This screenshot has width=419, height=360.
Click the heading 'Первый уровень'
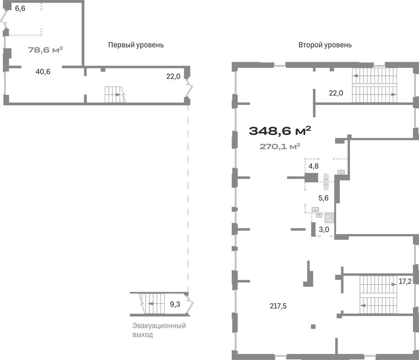[136, 45]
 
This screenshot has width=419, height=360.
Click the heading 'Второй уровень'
[325, 45]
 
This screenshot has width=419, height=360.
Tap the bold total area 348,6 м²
[280, 131]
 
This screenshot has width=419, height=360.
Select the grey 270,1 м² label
[280, 147]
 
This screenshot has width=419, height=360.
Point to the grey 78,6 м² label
[46, 50]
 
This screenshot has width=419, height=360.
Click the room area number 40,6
[43, 72]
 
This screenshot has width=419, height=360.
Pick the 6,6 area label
[20, 8]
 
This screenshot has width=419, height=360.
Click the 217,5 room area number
[278, 306]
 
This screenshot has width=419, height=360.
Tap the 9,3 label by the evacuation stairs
[175, 304]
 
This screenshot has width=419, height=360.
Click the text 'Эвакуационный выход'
[159, 330]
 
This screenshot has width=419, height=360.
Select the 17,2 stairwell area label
[405, 281]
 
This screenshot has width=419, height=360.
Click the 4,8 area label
[313, 166]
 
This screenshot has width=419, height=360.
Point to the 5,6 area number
[324, 198]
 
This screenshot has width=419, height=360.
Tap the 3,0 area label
[324, 229]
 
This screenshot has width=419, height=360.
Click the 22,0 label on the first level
[173, 76]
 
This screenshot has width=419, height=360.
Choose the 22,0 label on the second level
[336, 93]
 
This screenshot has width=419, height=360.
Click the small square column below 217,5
[313, 327]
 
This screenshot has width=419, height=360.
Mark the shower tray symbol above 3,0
[329, 218]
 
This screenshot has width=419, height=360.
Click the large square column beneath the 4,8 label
[311, 178]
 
